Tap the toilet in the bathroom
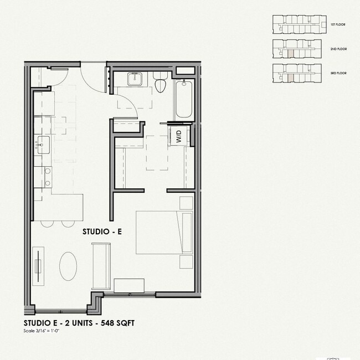click(161, 85)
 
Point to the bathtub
click(184, 100)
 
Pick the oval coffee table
click(69, 266)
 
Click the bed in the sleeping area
click(157, 232)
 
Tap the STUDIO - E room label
click(102, 232)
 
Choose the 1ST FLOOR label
click(338, 25)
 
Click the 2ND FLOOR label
click(338, 49)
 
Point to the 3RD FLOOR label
click(338, 74)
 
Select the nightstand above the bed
click(186, 202)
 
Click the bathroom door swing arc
click(128, 103)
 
